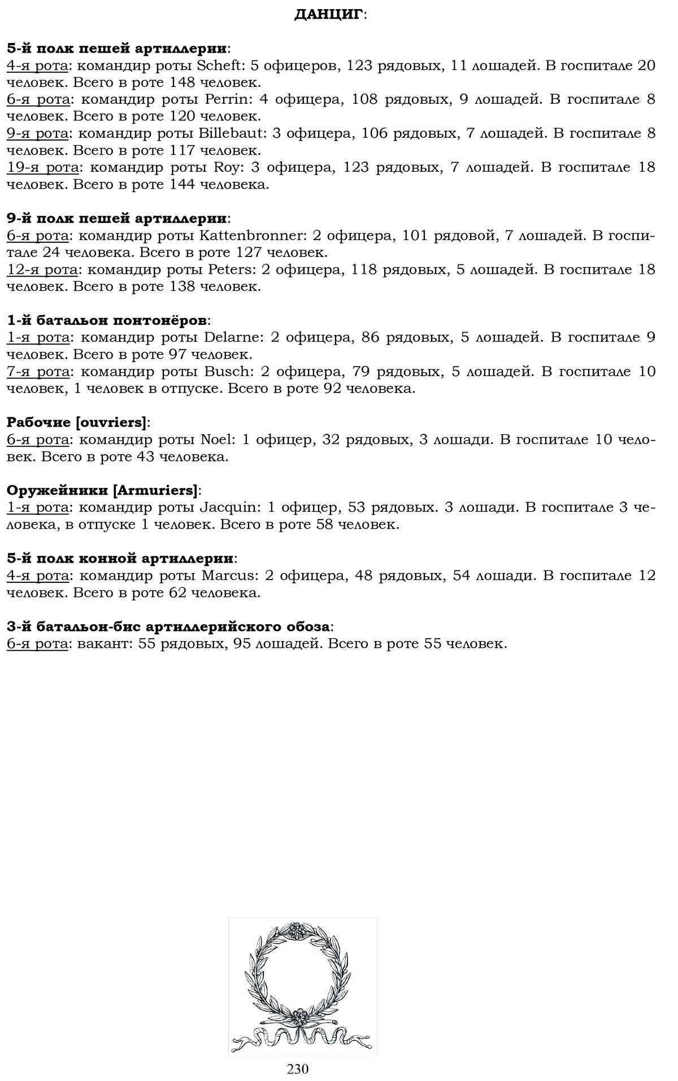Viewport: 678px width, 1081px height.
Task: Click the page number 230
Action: point(298,1069)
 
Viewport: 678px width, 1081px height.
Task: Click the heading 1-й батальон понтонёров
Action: point(107,321)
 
